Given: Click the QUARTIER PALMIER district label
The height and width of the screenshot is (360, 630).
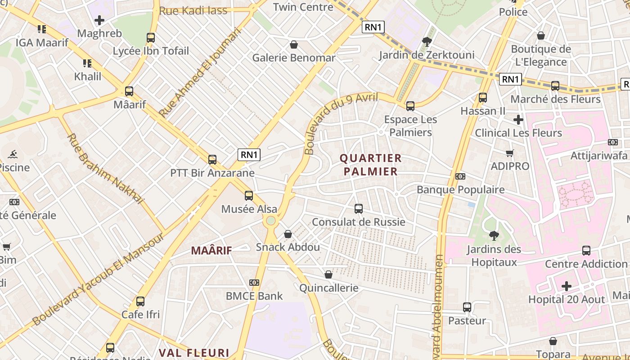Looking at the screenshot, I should coord(370,165).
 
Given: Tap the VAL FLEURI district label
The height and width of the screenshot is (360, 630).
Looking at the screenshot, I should coord(194,353).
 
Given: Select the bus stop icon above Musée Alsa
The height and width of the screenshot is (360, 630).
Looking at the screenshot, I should coord(249,196).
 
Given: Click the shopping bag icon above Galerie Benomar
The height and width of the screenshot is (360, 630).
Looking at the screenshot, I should coord(294,45).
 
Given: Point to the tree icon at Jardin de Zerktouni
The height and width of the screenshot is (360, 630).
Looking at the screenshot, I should coord(427,42).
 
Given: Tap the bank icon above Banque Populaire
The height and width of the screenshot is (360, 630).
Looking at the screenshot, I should coord(460,176).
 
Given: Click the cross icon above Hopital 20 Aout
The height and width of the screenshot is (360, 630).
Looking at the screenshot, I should coord(567,286).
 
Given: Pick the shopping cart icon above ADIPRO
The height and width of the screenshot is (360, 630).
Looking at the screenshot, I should coord(510,153).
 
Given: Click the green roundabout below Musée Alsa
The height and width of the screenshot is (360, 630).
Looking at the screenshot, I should coord(270,220).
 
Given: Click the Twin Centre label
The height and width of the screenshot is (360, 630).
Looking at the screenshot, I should coord(303,7).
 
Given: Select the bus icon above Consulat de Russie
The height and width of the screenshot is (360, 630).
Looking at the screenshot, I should coord(359,209).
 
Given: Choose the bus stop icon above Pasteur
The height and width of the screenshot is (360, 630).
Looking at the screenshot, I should coord(467,307).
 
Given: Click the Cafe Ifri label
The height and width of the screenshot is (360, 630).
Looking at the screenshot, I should coord(140,314).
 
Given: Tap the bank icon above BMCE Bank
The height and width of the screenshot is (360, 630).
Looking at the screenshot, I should coord(254,283).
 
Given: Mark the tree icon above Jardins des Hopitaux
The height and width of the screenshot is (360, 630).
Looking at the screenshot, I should coord(494,235).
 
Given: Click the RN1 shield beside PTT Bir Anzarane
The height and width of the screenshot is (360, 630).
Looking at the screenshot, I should coord(249,155).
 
